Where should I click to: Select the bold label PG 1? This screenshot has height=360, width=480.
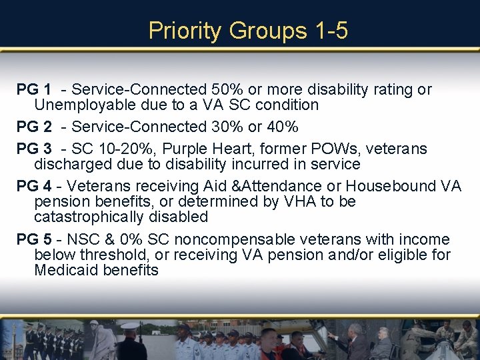point(34,89)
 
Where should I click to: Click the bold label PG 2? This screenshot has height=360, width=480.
point(34,127)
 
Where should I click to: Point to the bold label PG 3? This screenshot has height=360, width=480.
point(34,149)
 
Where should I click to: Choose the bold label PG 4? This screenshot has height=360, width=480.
point(34,186)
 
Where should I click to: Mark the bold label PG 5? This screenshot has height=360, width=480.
point(34,239)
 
